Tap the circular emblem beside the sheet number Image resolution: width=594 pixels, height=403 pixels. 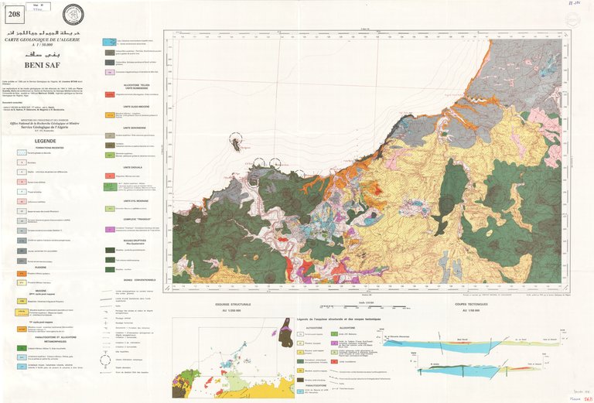(x=73, y=14)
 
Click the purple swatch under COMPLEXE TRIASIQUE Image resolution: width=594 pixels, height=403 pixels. (x=110, y=230)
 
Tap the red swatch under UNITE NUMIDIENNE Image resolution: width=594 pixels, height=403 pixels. (x=110, y=94)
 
